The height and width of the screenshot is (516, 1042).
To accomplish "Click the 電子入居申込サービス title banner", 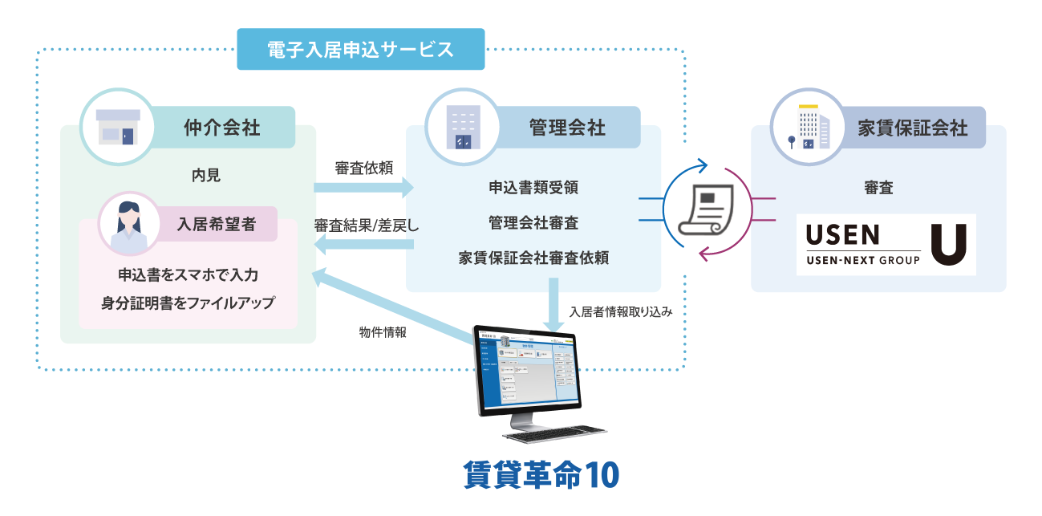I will coord(361,49).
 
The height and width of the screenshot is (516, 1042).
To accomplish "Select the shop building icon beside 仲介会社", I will coord(118,126).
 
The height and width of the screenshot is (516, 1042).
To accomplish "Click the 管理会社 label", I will coord(567,127).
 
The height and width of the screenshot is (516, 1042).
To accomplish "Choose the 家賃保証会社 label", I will coord(912,128).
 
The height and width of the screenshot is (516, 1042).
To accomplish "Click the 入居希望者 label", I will coord(217,222).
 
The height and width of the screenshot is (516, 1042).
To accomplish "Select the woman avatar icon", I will coord(128,222).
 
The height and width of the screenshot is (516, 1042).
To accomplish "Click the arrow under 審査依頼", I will coord(363,188).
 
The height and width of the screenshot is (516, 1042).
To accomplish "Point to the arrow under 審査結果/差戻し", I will coord(363,246).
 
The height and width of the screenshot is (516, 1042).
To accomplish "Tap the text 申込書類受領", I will coord(533,188).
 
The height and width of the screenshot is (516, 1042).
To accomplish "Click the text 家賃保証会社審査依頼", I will coord(533,258).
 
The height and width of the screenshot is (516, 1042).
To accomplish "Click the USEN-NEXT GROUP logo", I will coord(886,244).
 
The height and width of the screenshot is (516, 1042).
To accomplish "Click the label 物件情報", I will coord(383,331).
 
